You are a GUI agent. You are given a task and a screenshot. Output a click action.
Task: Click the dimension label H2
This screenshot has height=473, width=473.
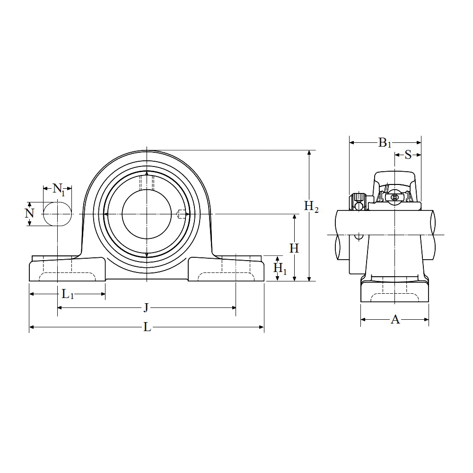point(311,207)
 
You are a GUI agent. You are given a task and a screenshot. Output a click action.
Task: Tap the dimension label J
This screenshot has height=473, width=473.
point(146,308)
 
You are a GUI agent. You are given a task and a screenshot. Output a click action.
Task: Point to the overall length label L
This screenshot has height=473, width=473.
point(147,327)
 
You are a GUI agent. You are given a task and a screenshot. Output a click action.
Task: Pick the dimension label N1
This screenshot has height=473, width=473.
point(59,190)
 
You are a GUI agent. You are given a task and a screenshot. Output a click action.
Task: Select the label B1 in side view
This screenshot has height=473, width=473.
point(385,142)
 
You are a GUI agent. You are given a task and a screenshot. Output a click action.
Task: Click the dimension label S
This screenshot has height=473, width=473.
point(408,155)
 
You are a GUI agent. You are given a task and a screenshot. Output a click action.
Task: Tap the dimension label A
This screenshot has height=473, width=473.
point(395,320)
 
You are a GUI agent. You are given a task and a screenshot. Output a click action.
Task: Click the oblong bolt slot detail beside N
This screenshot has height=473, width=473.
point(58,214)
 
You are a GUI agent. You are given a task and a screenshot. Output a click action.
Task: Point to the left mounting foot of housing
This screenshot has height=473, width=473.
point(66,270)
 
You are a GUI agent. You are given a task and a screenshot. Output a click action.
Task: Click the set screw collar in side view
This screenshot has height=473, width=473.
point(358,201)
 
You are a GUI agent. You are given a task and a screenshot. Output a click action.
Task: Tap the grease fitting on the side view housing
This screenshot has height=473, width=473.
point(394,197)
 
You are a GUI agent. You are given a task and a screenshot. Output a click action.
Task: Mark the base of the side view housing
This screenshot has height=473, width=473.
point(394,291)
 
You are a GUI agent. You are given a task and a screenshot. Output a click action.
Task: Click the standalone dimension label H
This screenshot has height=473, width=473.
point(294,248)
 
